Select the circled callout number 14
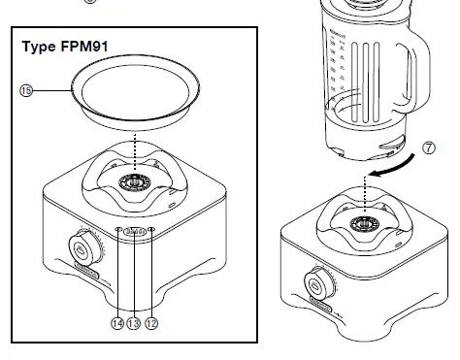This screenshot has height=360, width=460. (117, 323)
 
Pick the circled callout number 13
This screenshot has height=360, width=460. (134, 323)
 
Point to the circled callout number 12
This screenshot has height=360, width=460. (150, 323)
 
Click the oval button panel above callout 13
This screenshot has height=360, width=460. (134, 232)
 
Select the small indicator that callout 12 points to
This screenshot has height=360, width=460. (151, 231)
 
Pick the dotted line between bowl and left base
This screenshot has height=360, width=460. (134, 153)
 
